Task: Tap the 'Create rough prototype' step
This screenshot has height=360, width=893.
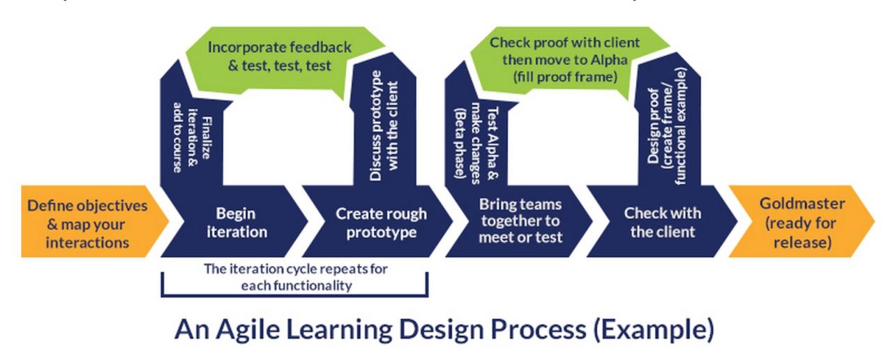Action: pos(380,223)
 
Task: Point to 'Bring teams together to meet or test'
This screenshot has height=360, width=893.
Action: pos(520,220)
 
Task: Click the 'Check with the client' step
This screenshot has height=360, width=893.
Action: pos(663,222)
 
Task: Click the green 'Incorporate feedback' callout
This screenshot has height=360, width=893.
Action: pos(279,57)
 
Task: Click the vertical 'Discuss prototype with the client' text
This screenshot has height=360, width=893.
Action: pos(384,137)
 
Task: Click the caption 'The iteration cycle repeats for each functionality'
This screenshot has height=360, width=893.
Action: pos(296,277)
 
